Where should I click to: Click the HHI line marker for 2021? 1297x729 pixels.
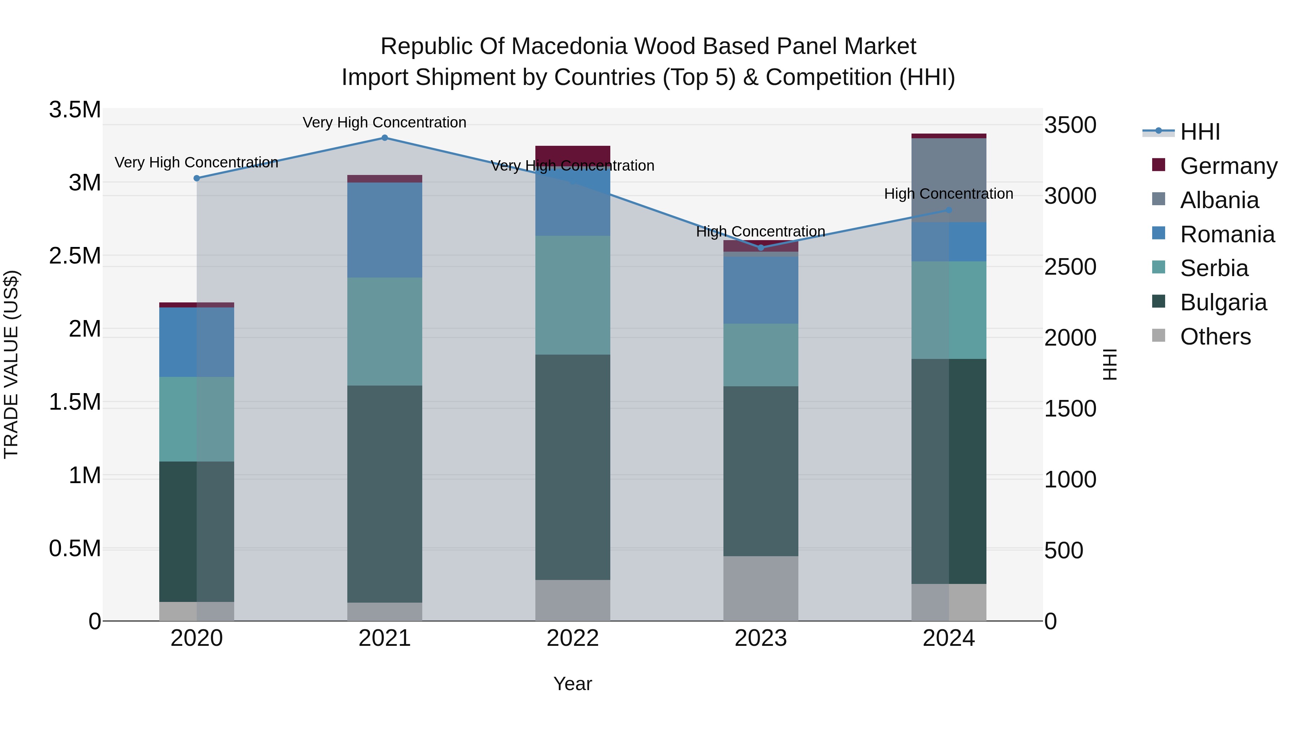click(x=385, y=138)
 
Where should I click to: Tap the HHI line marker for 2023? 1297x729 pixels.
click(x=761, y=248)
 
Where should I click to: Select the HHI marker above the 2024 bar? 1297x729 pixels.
click(x=949, y=210)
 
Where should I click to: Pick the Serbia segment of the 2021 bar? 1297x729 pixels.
click(x=385, y=332)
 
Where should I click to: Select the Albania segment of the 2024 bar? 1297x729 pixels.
click(x=949, y=180)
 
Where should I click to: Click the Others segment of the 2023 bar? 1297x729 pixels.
click(x=761, y=588)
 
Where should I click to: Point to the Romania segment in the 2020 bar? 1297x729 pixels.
click(x=196, y=342)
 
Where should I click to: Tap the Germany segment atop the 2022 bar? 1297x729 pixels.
click(x=572, y=153)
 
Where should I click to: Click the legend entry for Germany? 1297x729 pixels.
click(x=1229, y=166)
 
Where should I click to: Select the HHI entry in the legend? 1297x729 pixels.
click(x=1200, y=132)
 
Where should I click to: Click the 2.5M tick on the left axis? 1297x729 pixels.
click(x=75, y=256)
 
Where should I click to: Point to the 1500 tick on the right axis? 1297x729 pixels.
click(x=1070, y=409)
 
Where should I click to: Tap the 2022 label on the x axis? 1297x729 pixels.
click(x=572, y=638)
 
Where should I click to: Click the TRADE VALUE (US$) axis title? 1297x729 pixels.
click(x=11, y=364)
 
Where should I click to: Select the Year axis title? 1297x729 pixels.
click(x=572, y=684)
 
